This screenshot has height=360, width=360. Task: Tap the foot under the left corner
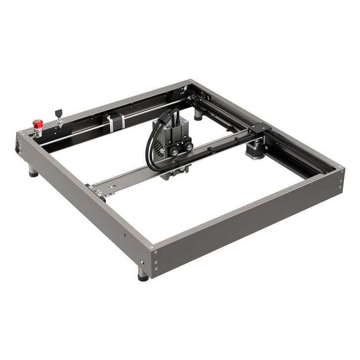pos(33,172)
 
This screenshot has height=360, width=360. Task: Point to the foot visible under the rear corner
pos(198,115)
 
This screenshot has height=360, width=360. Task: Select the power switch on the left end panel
pos(19,146)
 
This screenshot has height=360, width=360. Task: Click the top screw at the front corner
pos(156,251)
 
